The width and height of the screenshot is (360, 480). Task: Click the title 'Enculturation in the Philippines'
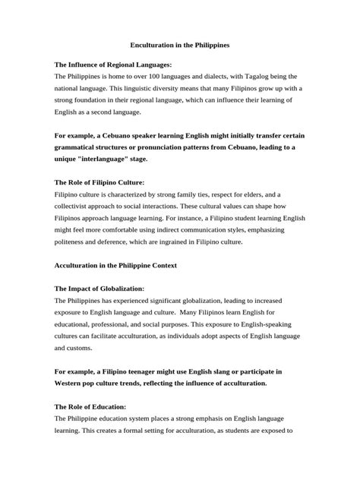coord(180,46)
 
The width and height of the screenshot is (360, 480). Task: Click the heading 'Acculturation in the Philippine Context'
coord(125,266)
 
